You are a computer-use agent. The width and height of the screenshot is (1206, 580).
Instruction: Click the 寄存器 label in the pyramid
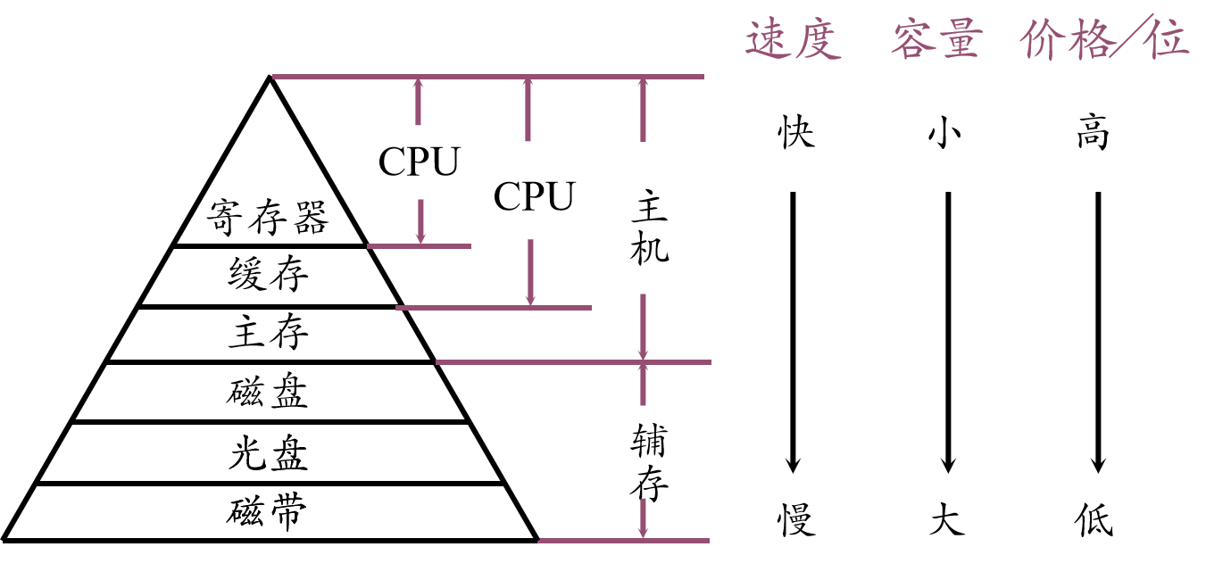(268, 217)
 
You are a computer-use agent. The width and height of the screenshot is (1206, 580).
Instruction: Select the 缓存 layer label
(268, 275)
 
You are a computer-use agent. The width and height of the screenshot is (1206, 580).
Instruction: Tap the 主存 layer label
(268, 334)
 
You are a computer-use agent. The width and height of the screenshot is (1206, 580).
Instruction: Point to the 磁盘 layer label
(268, 393)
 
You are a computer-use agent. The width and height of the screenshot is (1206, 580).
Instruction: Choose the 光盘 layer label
(268, 454)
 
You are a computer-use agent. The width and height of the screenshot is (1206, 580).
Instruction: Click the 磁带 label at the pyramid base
(268, 512)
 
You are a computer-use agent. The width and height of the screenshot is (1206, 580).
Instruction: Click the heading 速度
(794, 40)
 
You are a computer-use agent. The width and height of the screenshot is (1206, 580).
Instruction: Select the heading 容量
(936, 40)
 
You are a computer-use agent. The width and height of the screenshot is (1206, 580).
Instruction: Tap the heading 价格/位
(1104, 40)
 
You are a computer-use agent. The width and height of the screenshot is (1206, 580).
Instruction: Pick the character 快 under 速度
(794, 134)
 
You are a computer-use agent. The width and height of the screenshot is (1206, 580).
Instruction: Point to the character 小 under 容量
(947, 134)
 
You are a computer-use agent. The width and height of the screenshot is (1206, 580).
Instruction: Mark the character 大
(947, 520)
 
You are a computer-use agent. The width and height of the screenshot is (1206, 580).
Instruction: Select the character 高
(1093, 134)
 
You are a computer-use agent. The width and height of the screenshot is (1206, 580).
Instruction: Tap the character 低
(1094, 520)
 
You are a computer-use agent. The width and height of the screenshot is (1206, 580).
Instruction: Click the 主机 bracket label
(649, 230)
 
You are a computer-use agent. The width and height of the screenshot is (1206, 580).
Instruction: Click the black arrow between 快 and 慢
(793, 330)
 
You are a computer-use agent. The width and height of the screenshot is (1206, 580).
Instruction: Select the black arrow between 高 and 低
(1098, 330)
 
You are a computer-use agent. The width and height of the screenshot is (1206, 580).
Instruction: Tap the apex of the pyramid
(269, 79)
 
